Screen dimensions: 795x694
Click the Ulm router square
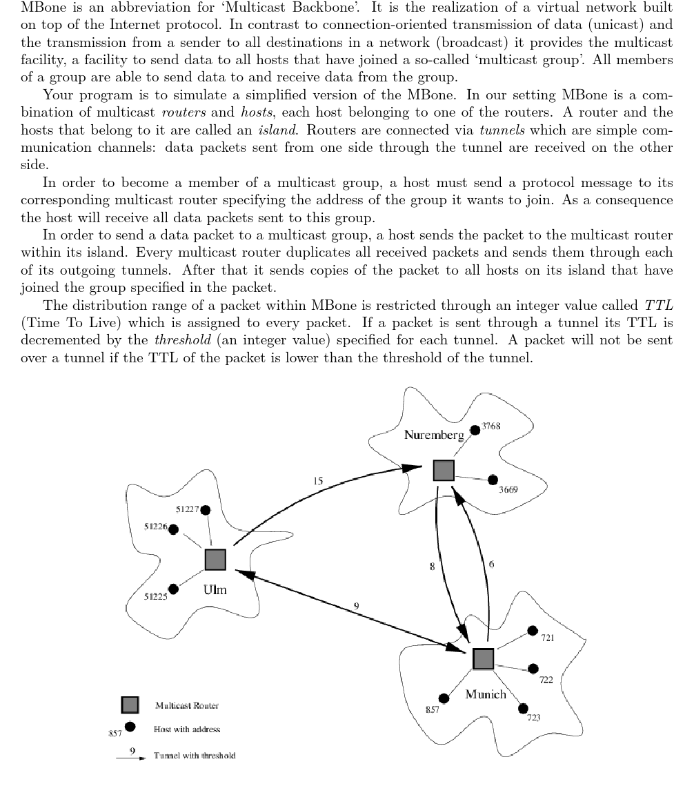(216, 560)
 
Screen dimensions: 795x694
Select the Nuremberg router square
(444, 471)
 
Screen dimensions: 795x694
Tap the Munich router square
(484, 659)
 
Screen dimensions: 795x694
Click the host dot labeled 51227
(205, 510)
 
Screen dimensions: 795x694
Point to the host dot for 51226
(173, 529)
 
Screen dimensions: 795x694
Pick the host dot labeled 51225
(173, 589)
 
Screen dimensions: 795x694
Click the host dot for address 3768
(475, 430)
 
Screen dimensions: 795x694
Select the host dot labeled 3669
(493, 480)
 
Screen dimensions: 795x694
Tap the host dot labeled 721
(533, 630)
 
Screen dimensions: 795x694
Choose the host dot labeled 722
(533, 668)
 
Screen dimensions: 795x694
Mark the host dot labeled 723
(523, 708)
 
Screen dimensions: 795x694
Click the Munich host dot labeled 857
(444, 698)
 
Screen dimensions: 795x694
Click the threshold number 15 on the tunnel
(318, 480)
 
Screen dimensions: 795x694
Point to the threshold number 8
(432, 566)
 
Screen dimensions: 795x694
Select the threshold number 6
(490, 565)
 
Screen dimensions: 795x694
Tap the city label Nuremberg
(434, 435)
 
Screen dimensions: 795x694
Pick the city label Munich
(486, 694)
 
